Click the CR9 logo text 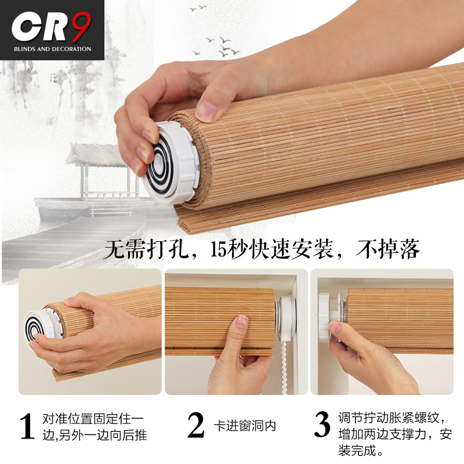coord(52,27)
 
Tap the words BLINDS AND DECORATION coord(52,49)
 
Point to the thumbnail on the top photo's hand coord(206,110)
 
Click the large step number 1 coord(27,426)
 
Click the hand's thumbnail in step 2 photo coord(241,322)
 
